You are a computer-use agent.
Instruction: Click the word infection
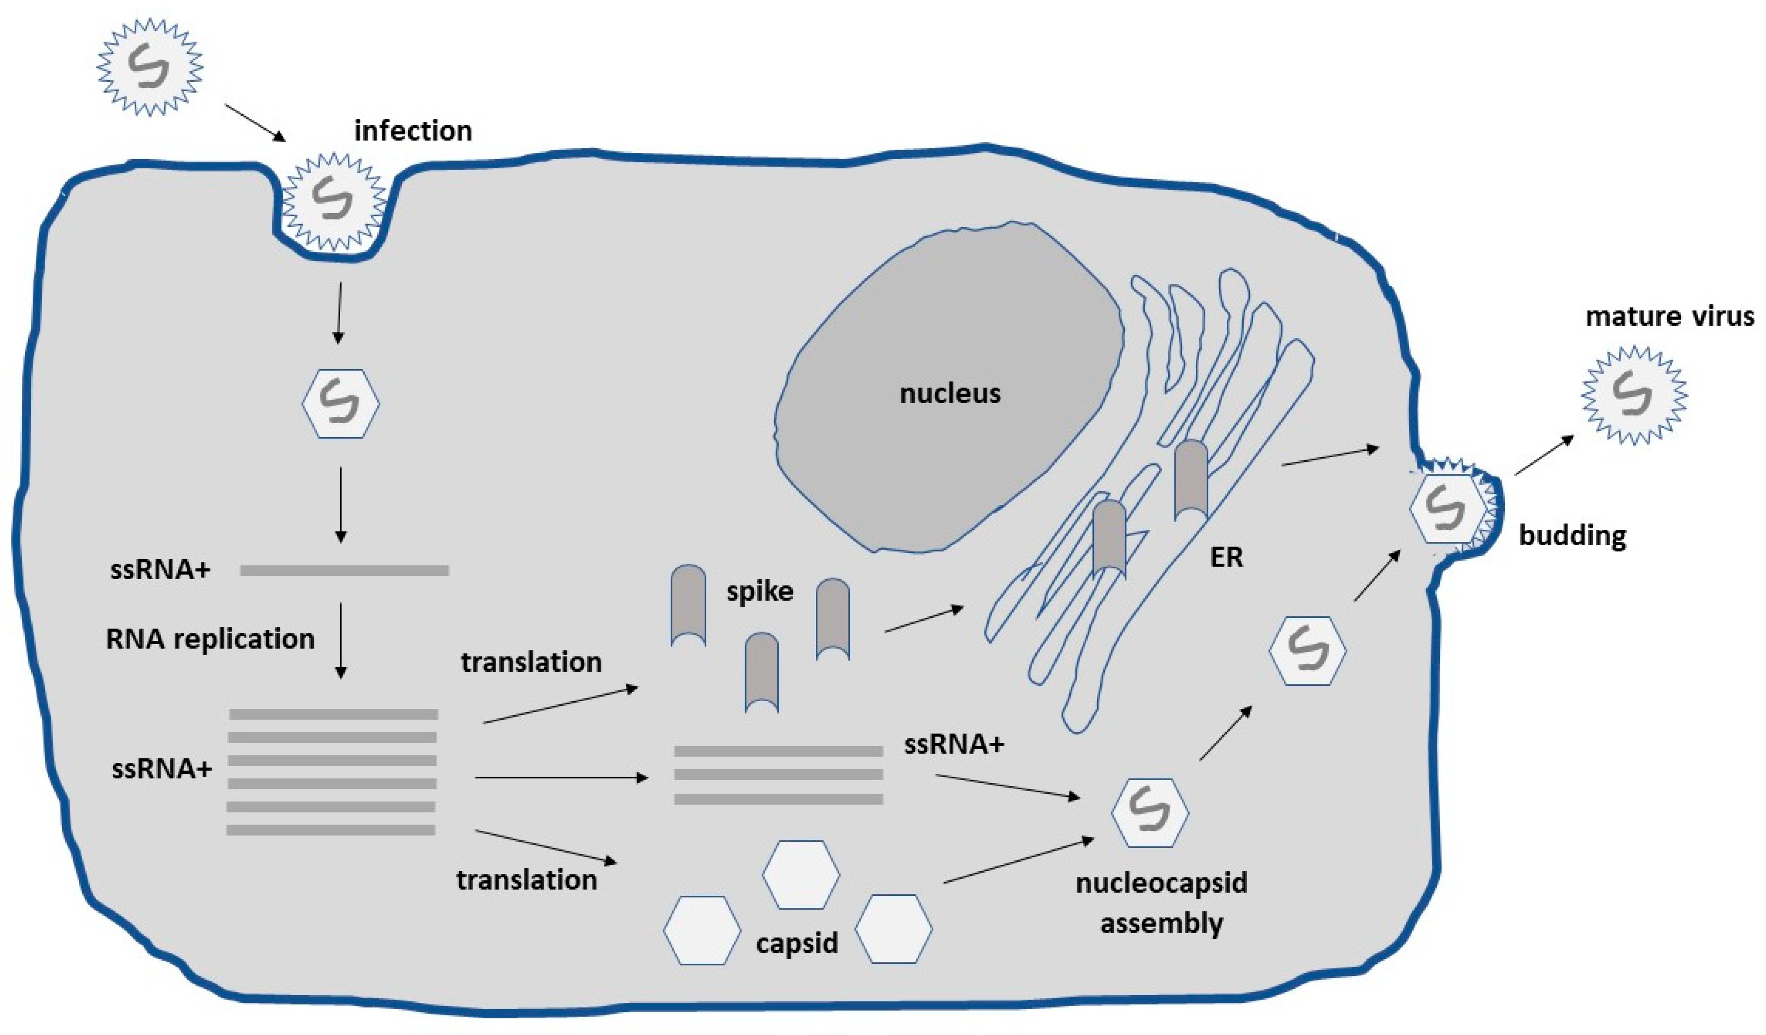[x=413, y=132]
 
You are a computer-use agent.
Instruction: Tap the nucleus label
[x=950, y=394]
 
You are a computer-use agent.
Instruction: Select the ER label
[x=1226, y=557]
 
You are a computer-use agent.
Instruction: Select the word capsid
[x=797, y=943]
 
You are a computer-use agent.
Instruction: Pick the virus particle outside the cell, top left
[x=149, y=67]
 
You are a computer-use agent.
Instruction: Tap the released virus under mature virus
[x=1634, y=396]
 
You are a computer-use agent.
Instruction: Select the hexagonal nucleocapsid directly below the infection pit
[x=341, y=404]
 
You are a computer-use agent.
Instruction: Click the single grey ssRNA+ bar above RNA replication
[x=344, y=571]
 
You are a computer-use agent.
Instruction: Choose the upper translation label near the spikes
[x=531, y=662]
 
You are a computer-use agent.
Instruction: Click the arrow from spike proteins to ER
[x=924, y=620]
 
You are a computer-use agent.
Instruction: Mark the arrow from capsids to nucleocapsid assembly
[x=1018, y=860]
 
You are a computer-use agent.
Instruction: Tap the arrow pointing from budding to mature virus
[x=1544, y=455]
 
